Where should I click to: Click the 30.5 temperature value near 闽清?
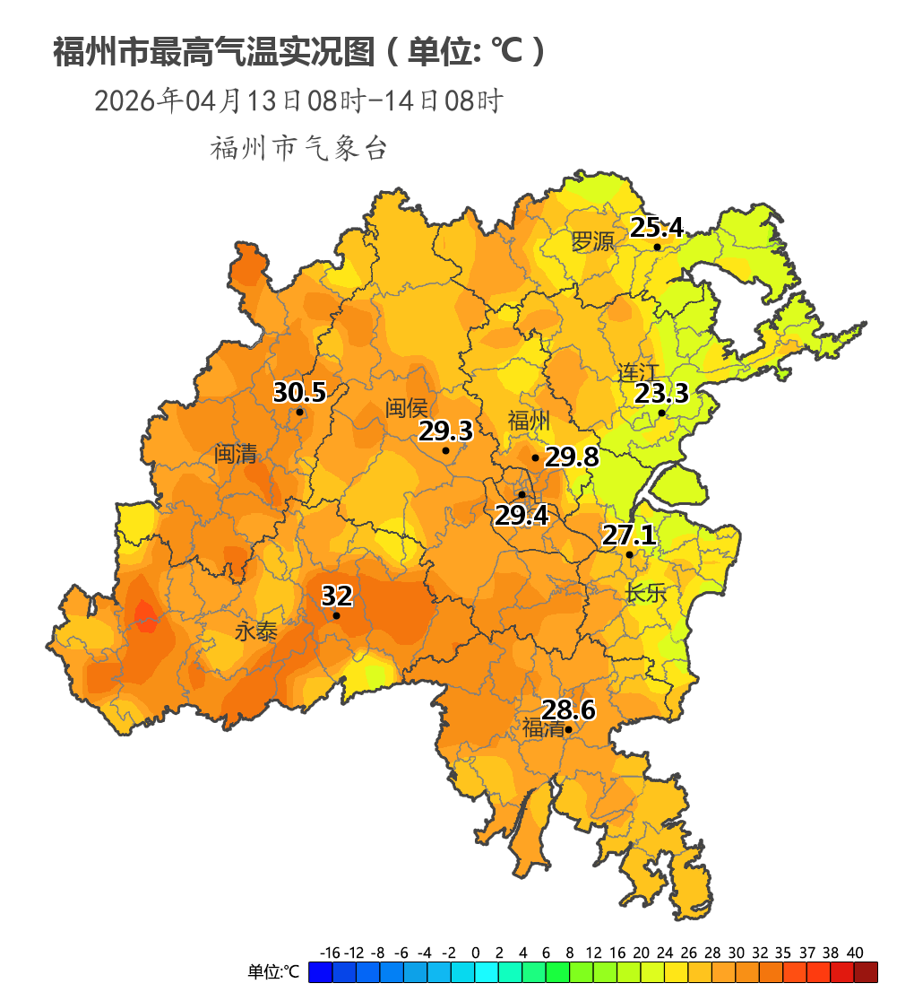[x=298, y=393]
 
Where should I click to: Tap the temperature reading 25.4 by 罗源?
[x=656, y=228]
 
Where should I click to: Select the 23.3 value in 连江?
[x=661, y=394]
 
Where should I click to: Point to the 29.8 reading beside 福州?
[x=572, y=457]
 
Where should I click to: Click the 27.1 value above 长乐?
[x=628, y=536]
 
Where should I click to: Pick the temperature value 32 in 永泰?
[x=337, y=596]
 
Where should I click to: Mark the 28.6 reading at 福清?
[x=569, y=710]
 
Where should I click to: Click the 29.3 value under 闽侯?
[x=445, y=431]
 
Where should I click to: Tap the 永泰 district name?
[x=255, y=631]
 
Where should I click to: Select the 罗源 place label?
[x=592, y=241]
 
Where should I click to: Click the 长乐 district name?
[x=646, y=593]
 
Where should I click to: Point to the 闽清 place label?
[x=236, y=453]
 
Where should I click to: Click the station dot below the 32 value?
[x=336, y=615]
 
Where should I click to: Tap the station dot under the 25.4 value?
[x=657, y=248]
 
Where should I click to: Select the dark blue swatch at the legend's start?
[x=320, y=972]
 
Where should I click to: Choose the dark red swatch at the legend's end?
[x=866, y=972]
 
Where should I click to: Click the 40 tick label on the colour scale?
[x=854, y=953]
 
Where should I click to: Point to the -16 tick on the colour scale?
[x=330, y=953]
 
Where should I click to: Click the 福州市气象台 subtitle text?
[x=298, y=149]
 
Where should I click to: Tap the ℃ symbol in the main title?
[x=506, y=52]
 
